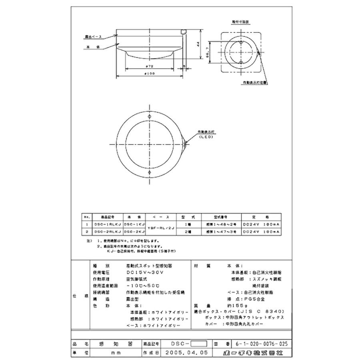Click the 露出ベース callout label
[x=93, y=36]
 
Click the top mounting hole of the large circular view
[x=150, y=116]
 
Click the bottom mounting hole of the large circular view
[x=150, y=172]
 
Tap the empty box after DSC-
[x=199, y=344]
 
